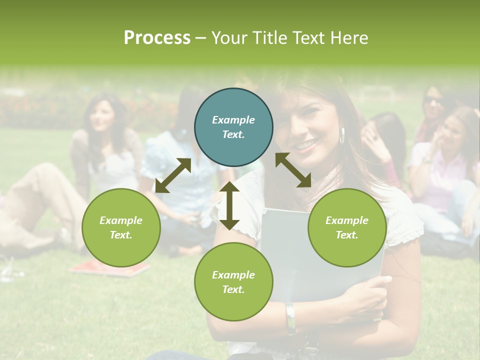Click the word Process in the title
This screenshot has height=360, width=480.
point(157,38)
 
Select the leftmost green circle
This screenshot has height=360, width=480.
point(121,227)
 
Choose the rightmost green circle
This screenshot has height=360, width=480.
point(347,227)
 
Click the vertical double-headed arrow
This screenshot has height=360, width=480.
point(229,205)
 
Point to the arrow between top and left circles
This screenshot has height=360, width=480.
point(173,175)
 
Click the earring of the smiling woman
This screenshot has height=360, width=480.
point(343,135)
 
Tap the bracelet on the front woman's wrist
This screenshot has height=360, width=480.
point(290,318)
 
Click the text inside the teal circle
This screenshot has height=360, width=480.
point(233,127)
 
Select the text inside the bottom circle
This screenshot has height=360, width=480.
point(233,282)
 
